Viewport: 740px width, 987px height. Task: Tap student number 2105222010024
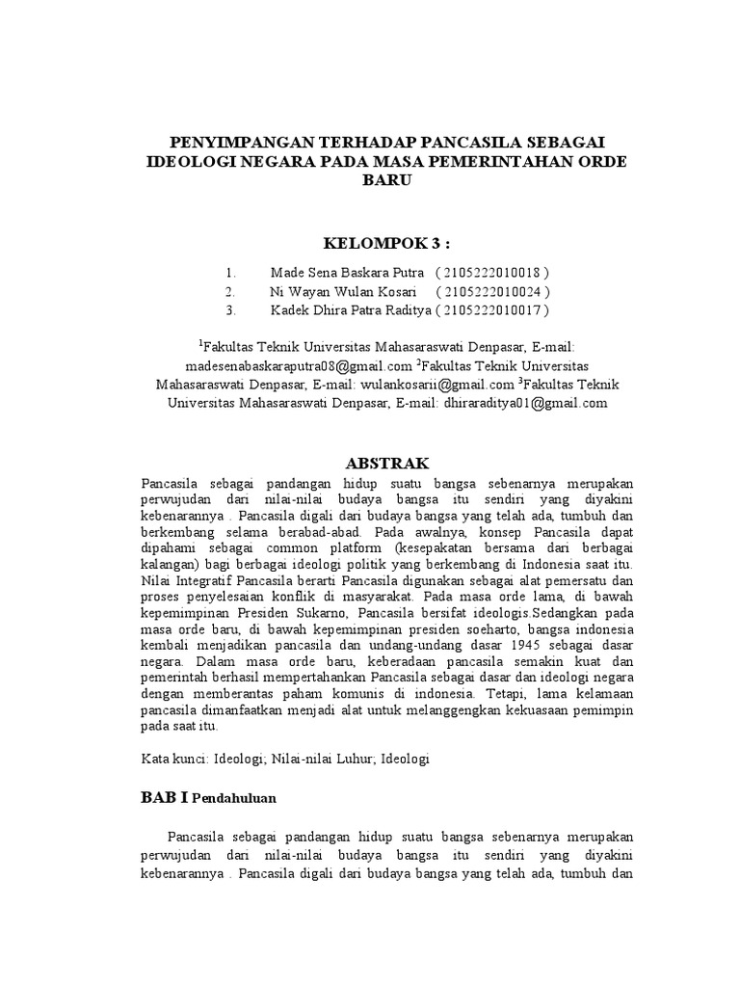494,291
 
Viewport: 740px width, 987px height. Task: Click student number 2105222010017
494,309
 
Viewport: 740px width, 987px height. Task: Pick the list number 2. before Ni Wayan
230,291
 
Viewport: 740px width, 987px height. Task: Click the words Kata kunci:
172,759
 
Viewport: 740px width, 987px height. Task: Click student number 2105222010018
494,273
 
